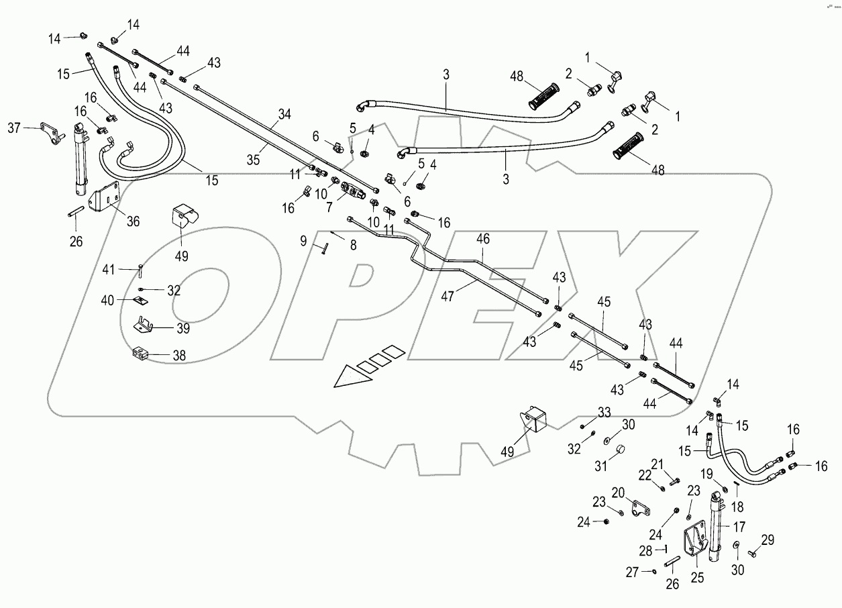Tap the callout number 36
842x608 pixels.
click(x=133, y=221)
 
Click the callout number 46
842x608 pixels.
click(x=482, y=238)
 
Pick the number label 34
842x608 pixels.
click(x=284, y=115)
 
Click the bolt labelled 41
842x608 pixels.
click(x=141, y=271)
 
